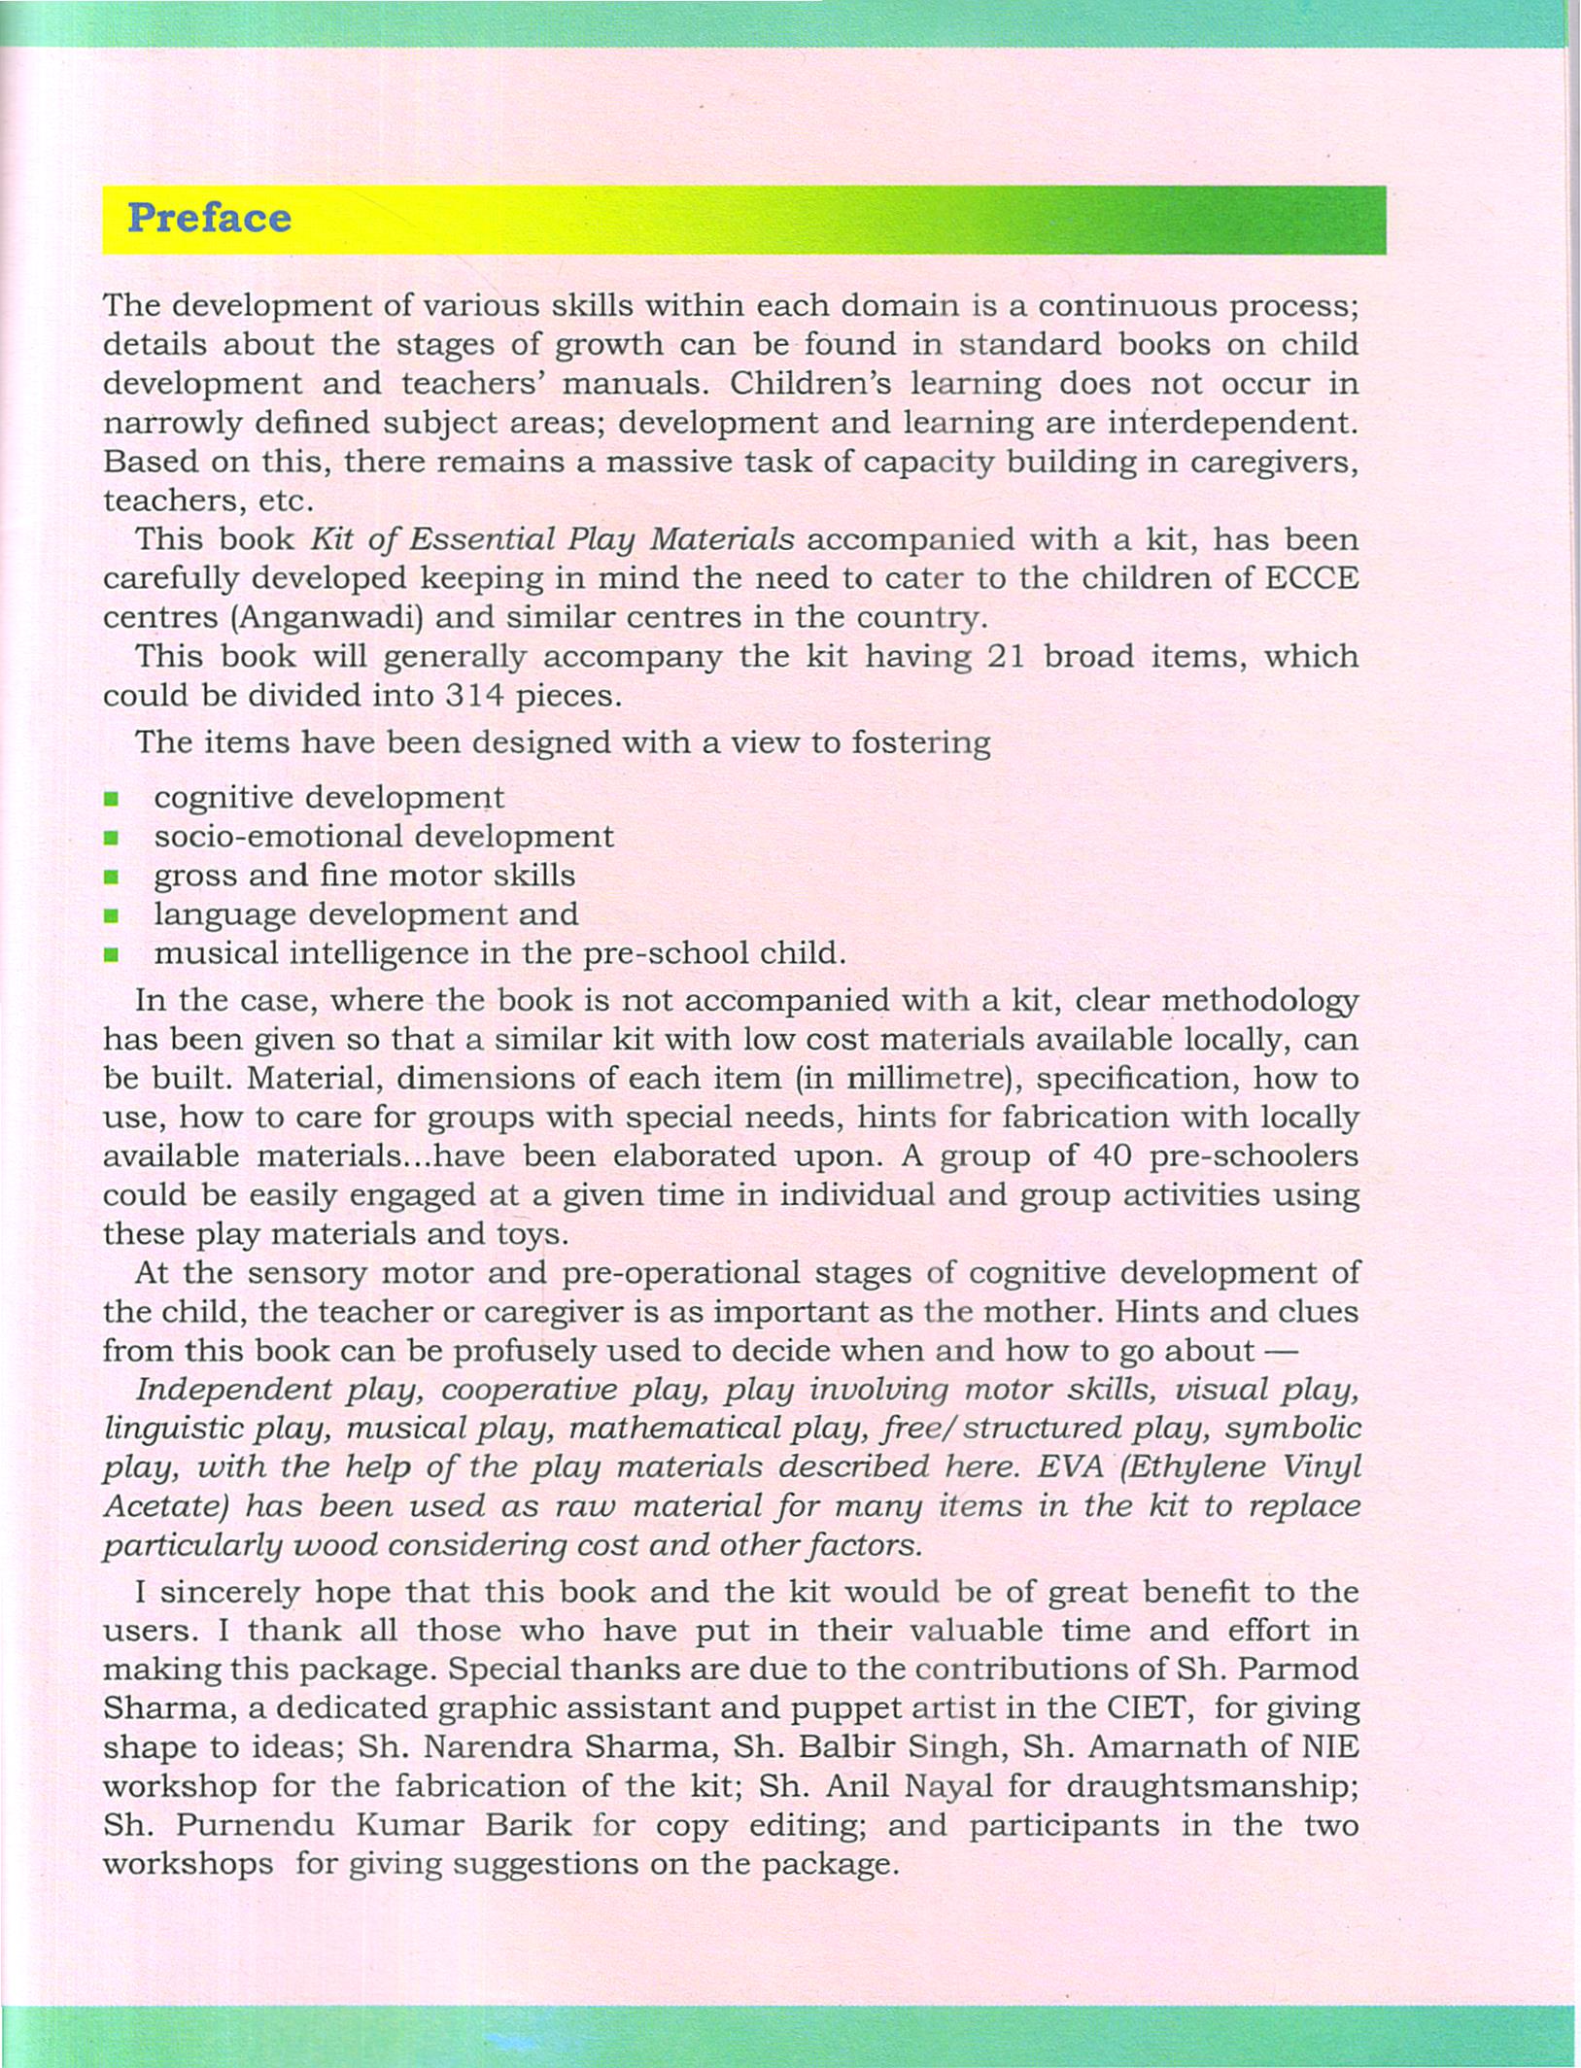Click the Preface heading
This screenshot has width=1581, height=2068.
pos(209,218)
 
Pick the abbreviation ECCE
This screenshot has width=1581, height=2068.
pos(1311,578)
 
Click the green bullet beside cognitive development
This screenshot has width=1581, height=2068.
pos(112,799)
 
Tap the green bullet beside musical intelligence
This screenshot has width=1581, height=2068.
pos(112,954)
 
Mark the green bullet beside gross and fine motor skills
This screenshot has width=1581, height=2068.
pos(112,877)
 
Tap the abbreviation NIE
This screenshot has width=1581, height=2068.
pos(1328,1746)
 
